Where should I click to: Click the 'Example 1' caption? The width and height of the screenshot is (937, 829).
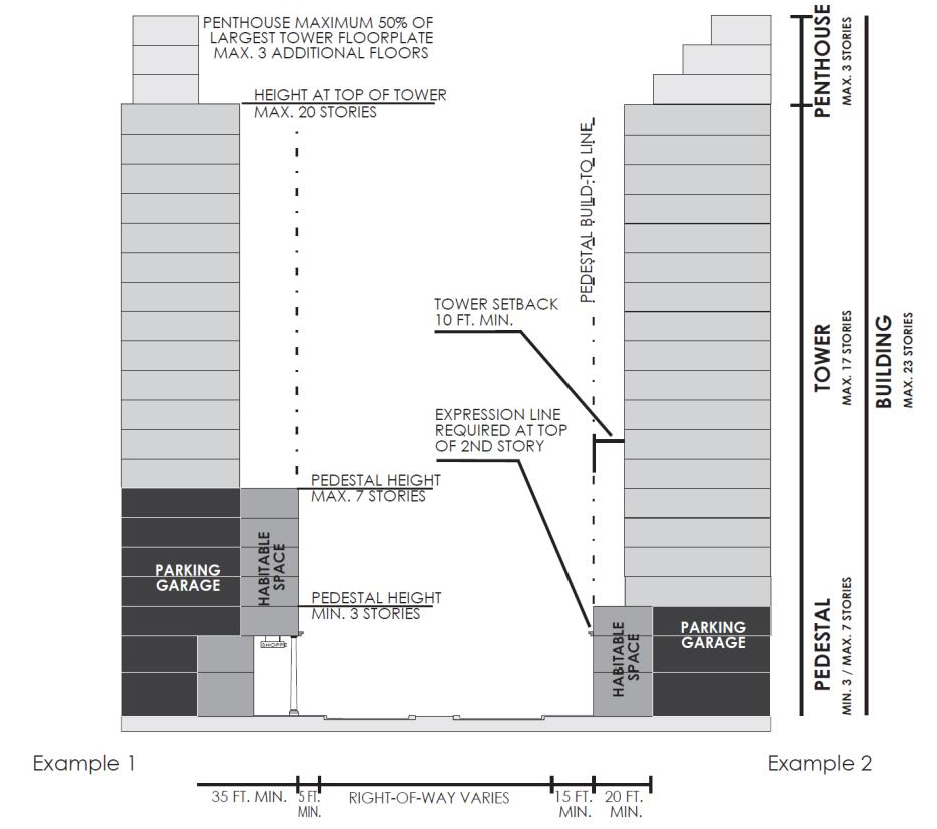[84, 764]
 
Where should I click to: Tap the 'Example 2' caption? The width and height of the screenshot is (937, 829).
[819, 764]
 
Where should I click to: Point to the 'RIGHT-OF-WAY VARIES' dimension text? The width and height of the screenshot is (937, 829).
[429, 798]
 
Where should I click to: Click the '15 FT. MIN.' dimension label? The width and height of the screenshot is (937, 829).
[574, 804]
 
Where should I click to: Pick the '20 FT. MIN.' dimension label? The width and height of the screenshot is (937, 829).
[625, 804]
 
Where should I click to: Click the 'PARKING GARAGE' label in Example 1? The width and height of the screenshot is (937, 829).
[187, 578]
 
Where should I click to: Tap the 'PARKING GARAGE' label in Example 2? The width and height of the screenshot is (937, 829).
[713, 634]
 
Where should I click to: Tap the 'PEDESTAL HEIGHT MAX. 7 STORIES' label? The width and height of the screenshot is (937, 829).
[375, 488]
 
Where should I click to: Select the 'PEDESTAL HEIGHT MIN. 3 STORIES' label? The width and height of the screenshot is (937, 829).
[375, 606]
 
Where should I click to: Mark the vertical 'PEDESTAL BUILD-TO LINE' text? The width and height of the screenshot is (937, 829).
[588, 209]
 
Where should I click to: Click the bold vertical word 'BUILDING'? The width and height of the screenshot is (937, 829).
[884, 362]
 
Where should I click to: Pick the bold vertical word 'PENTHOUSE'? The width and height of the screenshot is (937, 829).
[823, 61]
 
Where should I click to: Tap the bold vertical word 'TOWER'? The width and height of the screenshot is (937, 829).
[823, 358]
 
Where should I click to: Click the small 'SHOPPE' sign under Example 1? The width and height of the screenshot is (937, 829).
[273, 646]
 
